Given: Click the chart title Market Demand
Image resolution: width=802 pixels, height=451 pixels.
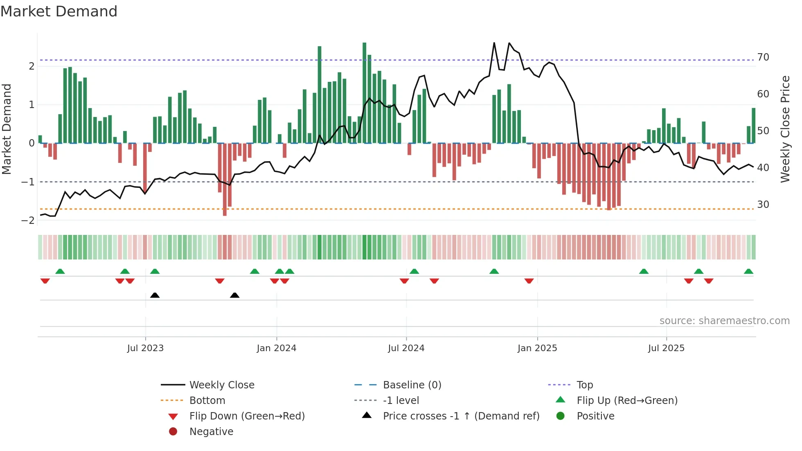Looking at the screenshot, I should click(59, 11).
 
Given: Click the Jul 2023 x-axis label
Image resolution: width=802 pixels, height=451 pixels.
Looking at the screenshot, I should click(145, 348).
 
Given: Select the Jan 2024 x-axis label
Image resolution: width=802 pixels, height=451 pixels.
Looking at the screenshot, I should click(277, 348).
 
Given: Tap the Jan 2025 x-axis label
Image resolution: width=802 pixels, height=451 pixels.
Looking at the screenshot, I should click(537, 348).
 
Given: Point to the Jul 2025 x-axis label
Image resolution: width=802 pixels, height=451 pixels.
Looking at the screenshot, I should click(666, 348).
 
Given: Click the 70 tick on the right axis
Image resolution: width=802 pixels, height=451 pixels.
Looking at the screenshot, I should click(763, 57).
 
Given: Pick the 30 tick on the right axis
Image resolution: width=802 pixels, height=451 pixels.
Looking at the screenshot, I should click(763, 205).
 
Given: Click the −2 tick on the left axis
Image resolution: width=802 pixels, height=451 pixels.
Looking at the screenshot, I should click(28, 221).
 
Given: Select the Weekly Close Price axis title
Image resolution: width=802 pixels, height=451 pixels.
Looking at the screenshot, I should click(785, 129).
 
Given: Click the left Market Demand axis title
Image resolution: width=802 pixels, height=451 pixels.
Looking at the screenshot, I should click(7, 129).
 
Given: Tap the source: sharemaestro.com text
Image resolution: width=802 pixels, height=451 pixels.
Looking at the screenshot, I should click(724, 321).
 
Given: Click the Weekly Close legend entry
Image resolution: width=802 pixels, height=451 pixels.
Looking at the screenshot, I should click(222, 385).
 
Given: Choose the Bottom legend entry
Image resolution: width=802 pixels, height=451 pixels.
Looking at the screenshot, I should click(207, 401).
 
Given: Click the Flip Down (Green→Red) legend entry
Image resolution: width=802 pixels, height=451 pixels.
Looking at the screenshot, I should click(247, 416).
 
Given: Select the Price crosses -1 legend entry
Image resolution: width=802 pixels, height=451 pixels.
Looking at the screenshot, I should click(461, 416).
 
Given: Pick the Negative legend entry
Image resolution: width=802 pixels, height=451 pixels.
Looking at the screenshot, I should click(211, 432).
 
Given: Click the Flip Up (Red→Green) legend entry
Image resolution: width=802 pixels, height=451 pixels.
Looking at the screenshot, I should click(627, 401).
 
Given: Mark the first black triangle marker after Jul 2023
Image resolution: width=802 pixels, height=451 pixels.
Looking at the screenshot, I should click(155, 295).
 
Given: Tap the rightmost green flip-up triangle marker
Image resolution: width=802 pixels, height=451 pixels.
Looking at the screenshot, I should click(748, 271).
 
